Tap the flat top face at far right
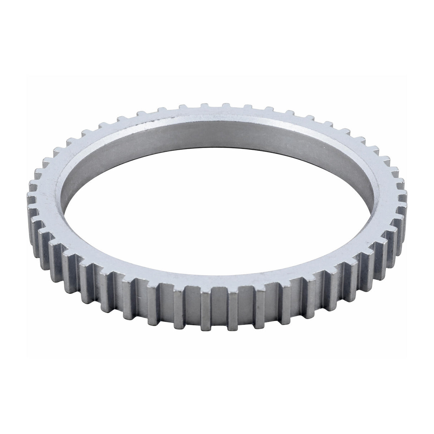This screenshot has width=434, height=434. tap(390, 195)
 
